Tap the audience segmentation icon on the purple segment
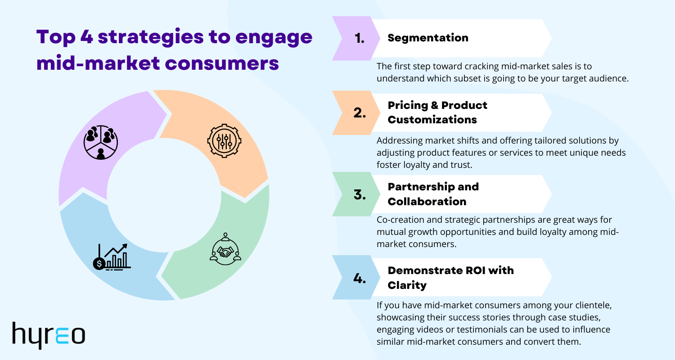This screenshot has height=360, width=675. [101, 142]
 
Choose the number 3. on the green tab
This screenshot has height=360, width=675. [360, 195]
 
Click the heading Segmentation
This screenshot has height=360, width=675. [428, 38]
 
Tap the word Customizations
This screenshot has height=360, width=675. [432, 120]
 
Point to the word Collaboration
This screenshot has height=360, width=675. [427, 201]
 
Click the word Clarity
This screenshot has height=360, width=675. [407, 285]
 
